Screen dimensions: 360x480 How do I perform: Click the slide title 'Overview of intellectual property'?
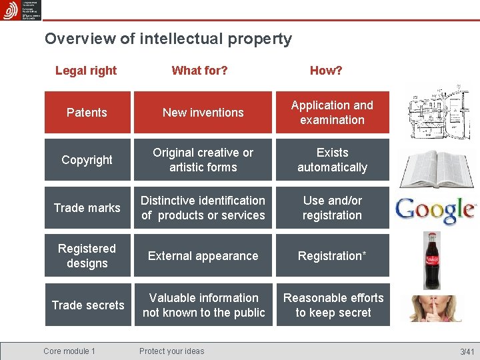point(168,39)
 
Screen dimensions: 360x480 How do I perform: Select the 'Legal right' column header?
point(86,71)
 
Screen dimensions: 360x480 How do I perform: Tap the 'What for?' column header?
point(199,71)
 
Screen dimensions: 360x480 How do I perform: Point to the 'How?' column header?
point(326,71)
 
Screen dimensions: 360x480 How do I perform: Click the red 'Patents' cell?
point(87,113)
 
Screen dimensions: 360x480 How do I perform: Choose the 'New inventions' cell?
point(203,113)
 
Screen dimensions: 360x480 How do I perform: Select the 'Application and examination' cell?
point(332,113)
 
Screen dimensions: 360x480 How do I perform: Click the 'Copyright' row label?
point(87,160)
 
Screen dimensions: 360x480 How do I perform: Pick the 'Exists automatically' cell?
point(332,160)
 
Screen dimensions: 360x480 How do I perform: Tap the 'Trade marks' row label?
point(87,208)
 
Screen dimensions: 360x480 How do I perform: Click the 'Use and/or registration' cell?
point(332,208)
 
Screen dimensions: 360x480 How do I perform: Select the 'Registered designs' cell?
point(87,256)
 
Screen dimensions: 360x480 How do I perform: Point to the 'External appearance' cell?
point(203,256)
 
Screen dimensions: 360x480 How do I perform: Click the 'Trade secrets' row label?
point(87,305)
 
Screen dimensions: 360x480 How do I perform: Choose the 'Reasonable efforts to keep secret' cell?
point(333,305)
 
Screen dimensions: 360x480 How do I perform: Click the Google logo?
point(435,209)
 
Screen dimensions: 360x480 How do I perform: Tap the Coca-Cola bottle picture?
point(432,260)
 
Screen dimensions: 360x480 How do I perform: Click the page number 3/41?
point(467,352)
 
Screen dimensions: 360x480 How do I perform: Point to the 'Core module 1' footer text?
point(69,351)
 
